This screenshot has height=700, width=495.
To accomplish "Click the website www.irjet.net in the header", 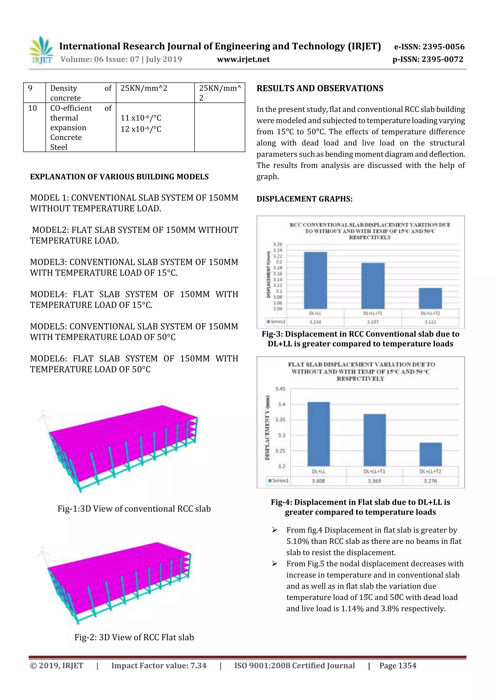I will (243, 59).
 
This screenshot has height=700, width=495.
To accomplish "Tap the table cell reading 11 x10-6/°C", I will (141, 118).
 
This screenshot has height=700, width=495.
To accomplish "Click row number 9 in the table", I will (30, 88).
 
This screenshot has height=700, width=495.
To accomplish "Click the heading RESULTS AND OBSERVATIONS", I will (320, 88).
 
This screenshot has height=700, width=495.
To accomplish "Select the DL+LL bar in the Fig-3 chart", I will (315, 280).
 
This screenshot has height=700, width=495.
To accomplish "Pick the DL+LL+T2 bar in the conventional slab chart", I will (430, 298).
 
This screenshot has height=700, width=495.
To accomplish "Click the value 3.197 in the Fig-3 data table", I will (373, 322).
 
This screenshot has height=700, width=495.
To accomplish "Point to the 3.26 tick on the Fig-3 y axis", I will (277, 244).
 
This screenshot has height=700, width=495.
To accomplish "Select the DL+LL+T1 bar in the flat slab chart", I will (375, 439).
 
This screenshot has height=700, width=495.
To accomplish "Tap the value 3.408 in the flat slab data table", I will (318, 481).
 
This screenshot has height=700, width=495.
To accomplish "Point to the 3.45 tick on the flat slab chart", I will (280, 389).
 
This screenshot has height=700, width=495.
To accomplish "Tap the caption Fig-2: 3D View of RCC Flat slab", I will (134, 637).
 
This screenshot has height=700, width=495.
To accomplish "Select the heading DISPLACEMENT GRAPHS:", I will (304, 199).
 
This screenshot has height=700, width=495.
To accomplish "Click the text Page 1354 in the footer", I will (398, 665).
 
